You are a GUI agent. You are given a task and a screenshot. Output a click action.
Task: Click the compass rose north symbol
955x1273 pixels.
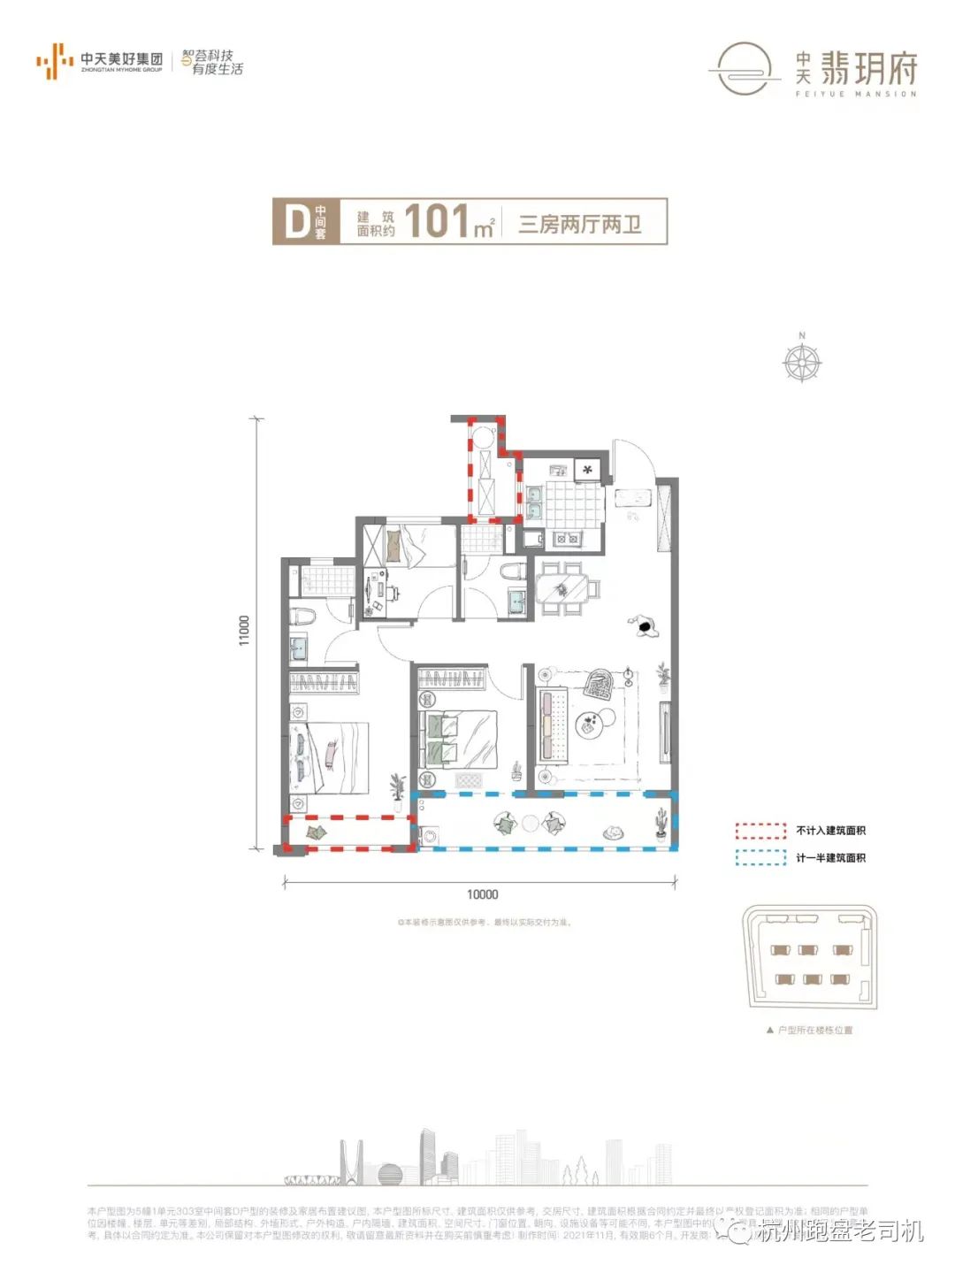802,361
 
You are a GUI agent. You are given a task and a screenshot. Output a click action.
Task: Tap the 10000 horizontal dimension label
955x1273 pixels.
482,894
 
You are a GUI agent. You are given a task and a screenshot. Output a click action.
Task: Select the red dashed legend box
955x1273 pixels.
760,831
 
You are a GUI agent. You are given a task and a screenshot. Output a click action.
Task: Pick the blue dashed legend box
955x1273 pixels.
760,857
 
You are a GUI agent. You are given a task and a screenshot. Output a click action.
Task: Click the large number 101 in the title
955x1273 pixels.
436,221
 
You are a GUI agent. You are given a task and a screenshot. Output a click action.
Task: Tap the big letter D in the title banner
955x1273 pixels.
295,221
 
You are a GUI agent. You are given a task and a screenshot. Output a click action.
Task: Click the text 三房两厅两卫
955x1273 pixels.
580,224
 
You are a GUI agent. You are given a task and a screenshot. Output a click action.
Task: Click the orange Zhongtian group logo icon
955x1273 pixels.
54,61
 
